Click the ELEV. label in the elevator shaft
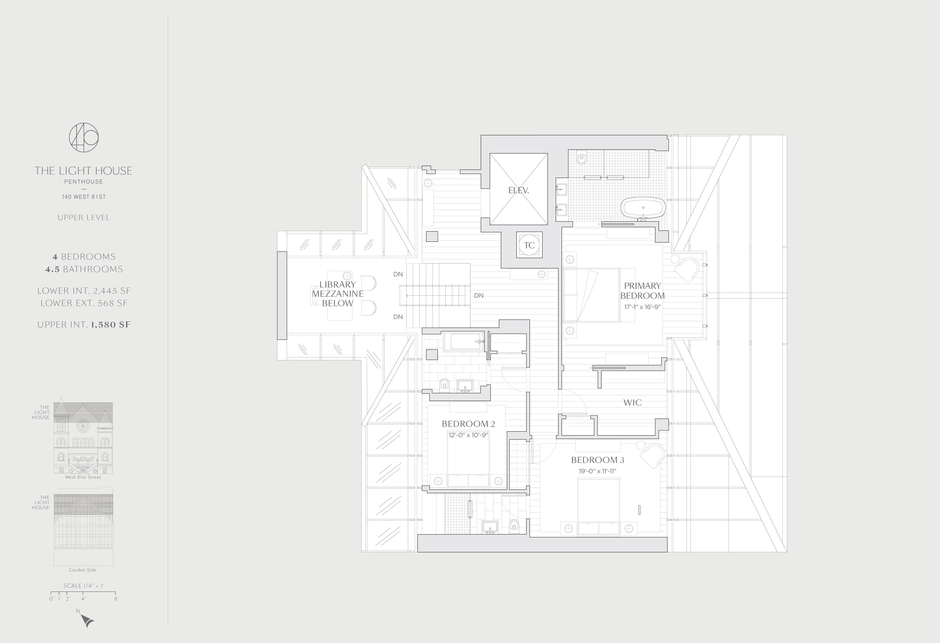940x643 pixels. tap(518, 190)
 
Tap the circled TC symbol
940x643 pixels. tap(529, 245)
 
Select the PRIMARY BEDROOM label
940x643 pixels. tap(642, 291)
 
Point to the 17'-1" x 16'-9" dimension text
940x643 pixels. tap(642, 307)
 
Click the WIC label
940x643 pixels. tap(632, 402)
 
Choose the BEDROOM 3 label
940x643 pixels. tap(597, 460)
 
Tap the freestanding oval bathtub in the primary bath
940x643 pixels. tap(643, 208)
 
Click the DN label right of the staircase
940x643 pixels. tap(479, 296)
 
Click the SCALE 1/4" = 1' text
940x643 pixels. tap(84, 586)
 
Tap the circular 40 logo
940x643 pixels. tap(84, 137)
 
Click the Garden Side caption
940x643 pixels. tap(83, 570)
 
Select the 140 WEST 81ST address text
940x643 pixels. tap(84, 197)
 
